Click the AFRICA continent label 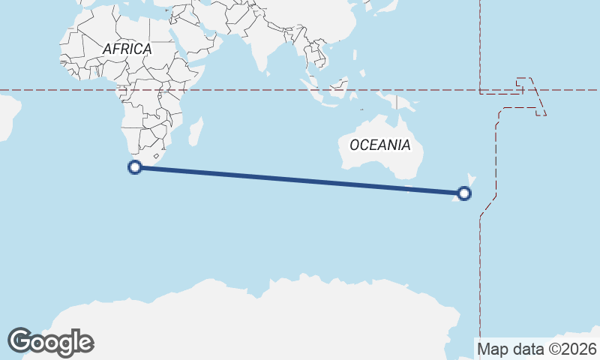tap(127, 49)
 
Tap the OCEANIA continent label tap(380, 145)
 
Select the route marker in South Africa tap(135, 167)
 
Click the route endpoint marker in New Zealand tap(464, 193)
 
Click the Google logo tap(50, 342)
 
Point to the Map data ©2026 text tap(536, 349)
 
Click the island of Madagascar tap(196, 133)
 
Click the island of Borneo tap(337, 87)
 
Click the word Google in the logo tap(50, 342)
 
